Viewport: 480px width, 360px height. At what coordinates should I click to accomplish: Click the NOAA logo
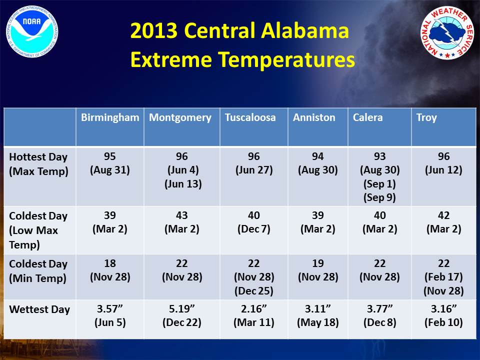click(32, 31)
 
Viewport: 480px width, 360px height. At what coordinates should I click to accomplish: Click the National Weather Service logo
click(447, 32)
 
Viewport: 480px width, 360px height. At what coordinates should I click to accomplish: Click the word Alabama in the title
click(305, 30)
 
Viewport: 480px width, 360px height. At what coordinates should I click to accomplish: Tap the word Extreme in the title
click(171, 59)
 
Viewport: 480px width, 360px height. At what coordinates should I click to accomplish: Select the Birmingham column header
click(110, 117)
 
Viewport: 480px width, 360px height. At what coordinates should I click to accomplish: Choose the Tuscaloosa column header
click(250, 117)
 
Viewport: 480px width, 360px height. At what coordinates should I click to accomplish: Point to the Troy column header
click(426, 118)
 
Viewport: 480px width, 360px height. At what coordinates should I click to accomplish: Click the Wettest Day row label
click(39, 309)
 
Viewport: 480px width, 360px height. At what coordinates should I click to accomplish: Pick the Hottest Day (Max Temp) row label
click(38, 164)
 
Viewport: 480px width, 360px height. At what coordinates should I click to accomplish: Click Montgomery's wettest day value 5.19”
click(181, 308)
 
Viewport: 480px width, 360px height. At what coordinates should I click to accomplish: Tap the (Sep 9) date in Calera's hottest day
click(379, 197)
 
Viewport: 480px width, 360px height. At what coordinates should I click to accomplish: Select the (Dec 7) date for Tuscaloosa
click(254, 229)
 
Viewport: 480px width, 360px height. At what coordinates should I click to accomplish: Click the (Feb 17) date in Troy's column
click(443, 277)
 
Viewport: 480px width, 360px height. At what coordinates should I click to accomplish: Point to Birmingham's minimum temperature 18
click(110, 263)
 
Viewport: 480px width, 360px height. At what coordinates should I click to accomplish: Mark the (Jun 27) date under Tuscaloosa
click(254, 170)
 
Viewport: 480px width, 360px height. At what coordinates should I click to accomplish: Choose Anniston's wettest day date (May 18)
click(318, 322)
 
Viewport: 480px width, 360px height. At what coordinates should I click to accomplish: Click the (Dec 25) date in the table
click(254, 291)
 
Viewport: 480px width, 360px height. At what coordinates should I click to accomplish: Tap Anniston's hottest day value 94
click(318, 156)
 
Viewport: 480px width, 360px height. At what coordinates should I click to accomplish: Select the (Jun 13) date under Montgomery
click(183, 184)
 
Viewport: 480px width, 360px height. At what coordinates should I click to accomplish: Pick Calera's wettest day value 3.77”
click(379, 308)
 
